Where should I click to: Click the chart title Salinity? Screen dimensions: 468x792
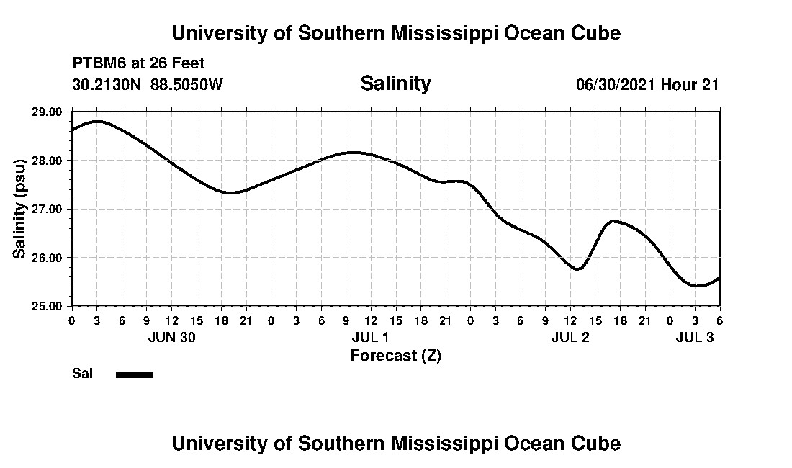[395, 84]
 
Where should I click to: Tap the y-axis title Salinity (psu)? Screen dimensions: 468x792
[20, 209]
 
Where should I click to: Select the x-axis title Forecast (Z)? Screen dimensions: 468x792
[395, 355]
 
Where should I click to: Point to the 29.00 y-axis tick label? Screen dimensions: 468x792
[47, 112]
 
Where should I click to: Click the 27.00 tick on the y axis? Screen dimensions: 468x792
[47, 209]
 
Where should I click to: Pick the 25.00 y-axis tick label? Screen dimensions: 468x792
[47, 306]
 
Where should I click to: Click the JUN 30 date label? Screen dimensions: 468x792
[171, 337]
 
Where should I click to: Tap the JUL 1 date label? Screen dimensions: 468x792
[371, 337]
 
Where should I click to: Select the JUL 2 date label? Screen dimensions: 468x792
[570, 337]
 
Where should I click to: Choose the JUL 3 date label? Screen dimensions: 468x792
[695, 337]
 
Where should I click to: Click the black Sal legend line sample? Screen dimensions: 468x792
[134, 374]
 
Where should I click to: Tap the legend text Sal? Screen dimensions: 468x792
[81, 374]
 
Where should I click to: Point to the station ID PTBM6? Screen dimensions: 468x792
[98, 63]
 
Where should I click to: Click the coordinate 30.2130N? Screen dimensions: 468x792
[107, 84]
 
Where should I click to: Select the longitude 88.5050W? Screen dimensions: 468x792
[187, 84]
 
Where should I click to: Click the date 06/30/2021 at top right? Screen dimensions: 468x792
[616, 84]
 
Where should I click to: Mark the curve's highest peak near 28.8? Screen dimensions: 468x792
[97, 122]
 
